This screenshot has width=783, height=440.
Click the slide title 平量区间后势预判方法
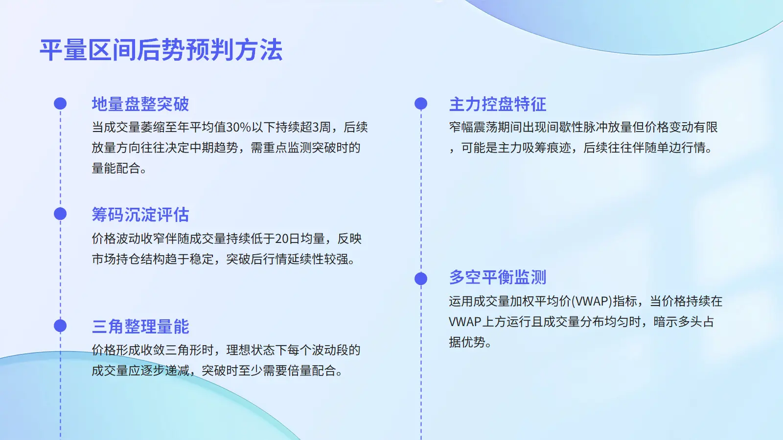(161, 50)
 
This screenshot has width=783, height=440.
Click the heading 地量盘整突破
(140, 104)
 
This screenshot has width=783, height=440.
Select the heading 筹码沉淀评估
(140, 215)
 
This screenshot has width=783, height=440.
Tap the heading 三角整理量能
(140, 326)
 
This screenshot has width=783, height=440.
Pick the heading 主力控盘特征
(498, 104)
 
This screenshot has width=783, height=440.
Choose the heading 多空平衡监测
(498, 277)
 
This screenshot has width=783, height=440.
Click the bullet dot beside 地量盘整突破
(60, 103)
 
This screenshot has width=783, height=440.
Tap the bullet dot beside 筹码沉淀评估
(60, 214)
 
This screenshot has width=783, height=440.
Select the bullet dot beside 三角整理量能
(60, 326)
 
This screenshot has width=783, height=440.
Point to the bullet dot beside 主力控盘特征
(421, 103)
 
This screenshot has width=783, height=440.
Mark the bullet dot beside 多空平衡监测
(421, 279)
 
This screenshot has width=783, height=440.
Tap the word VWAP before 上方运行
(465, 322)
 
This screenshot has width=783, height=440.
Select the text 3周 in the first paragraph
(318, 127)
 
